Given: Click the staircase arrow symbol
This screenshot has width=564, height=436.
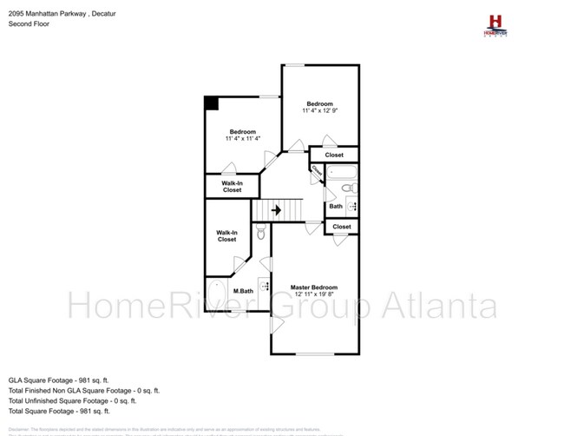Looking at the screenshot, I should tap(277, 209).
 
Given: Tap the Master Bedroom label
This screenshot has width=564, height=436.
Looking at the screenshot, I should tap(313, 287).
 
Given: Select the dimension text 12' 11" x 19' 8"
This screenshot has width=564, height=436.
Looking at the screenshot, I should tap(313, 294).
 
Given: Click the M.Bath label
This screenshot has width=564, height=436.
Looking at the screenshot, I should tap(243, 291).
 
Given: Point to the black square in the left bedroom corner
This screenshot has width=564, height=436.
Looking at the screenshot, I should tap(211, 102).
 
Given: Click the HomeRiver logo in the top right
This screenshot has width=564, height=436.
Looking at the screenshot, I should tap(495, 23).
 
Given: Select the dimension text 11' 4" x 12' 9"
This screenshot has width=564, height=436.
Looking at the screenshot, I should tap(319, 111).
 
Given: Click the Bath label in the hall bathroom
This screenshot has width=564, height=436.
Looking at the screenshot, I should tap(335, 207).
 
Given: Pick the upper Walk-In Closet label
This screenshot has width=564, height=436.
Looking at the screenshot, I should tap(232, 187).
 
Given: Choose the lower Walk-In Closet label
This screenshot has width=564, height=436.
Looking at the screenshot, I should tap(226, 235).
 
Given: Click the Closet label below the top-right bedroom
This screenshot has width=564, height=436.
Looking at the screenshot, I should tap(333, 155).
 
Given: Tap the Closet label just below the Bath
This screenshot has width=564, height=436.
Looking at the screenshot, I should tap(342, 227).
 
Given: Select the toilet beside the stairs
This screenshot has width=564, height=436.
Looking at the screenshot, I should tap(260, 232).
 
